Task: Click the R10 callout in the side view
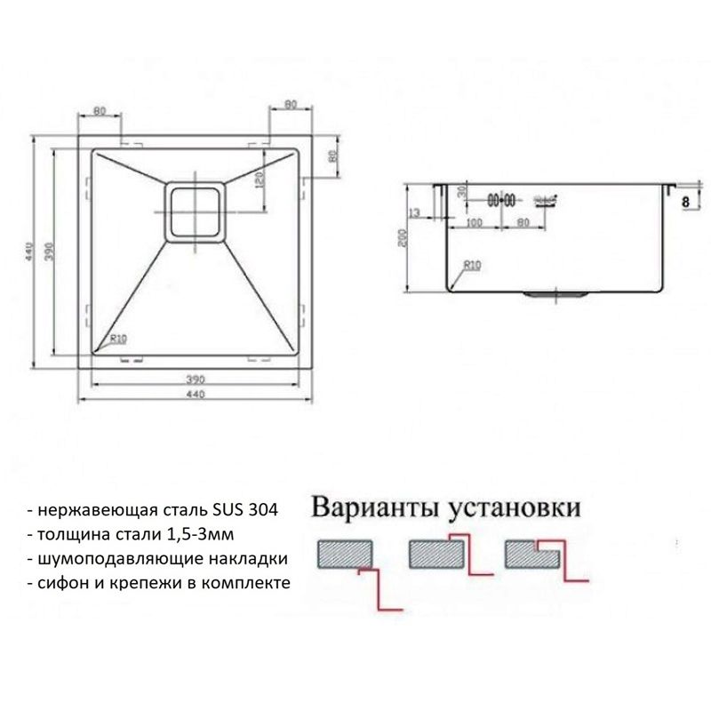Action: pyautogui.click(x=470, y=265)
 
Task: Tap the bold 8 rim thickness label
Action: pyautogui.click(x=685, y=203)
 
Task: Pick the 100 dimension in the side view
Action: pyautogui.click(x=474, y=223)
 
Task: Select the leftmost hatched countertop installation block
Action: pyautogui.click(x=346, y=555)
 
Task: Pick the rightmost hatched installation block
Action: pyautogui.click(x=531, y=555)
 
